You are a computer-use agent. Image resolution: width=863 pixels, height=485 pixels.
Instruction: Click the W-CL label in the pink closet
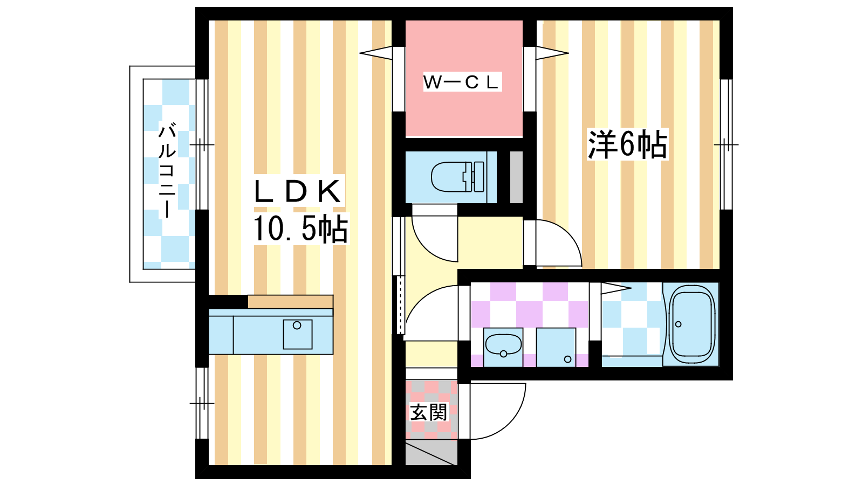[462, 82]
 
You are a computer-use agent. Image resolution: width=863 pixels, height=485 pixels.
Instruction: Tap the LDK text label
[298, 192]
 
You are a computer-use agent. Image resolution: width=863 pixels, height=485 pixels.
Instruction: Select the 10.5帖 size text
[300, 228]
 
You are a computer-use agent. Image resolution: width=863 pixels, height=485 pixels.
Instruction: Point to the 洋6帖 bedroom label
[628, 144]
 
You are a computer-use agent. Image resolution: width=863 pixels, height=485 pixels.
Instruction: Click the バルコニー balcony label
[167, 170]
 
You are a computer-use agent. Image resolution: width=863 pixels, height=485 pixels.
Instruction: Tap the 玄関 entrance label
[428, 412]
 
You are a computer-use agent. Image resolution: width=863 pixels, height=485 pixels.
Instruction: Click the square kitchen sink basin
[297, 334]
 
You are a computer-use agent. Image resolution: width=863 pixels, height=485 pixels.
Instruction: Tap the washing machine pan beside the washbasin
[556, 347]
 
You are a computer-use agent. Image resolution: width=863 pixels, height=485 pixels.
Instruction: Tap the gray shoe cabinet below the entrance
[432, 453]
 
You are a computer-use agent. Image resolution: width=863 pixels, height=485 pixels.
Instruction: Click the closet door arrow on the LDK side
[376, 53]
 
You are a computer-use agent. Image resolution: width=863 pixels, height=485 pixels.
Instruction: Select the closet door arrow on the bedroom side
[552, 53]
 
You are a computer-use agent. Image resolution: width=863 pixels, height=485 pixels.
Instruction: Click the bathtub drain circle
[679, 324]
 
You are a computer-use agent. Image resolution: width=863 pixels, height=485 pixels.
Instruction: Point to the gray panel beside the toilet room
[516, 177]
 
